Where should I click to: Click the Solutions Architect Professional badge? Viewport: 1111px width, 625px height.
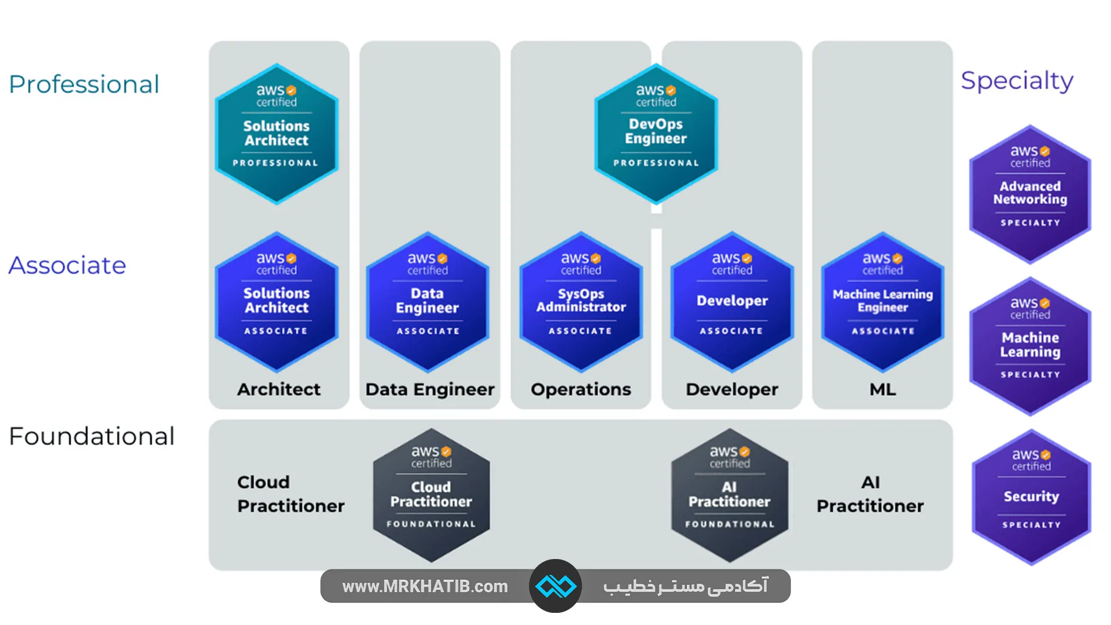(277, 134)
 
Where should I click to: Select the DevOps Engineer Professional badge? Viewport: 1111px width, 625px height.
(656, 134)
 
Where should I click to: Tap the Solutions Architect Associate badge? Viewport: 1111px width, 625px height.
(277, 302)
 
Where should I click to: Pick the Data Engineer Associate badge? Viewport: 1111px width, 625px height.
(428, 302)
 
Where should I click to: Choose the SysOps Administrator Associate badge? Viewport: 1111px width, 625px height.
(581, 302)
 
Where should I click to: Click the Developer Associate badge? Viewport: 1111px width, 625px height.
(732, 302)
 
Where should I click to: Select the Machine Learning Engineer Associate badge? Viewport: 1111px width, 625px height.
(882, 302)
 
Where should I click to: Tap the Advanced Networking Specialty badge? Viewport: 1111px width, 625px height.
(1030, 194)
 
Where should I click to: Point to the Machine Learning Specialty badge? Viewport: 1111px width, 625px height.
(1030, 346)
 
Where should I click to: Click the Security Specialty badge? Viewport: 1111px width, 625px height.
(1031, 497)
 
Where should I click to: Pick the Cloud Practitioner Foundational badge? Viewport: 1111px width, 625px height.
(431, 495)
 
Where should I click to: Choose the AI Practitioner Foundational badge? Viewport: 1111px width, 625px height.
(729, 495)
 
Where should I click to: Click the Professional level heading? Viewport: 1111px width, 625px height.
(84, 84)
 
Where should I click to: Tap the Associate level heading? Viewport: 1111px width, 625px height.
(67, 266)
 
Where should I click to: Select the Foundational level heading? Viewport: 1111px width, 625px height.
(91, 436)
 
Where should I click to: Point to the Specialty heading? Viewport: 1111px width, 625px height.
(1017, 81)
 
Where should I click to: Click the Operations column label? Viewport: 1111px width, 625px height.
(581, 389)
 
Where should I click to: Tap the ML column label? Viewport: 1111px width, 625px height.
(882, 389)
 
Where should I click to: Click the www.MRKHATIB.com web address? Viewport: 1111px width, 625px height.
(425, 586)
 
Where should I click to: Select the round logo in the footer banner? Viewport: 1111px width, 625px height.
(555, 586)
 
